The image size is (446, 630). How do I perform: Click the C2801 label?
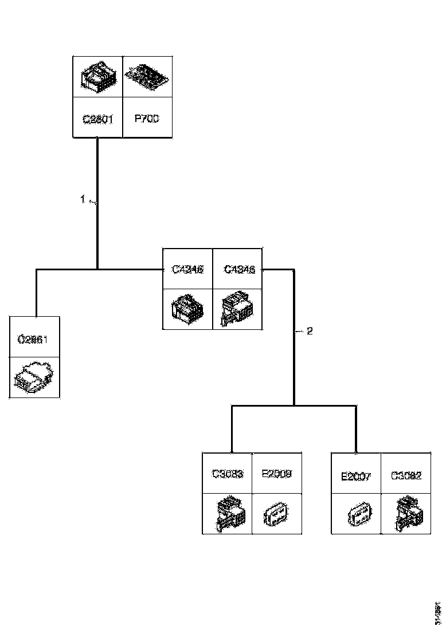[97, 120]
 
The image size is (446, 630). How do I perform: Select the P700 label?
[146, 120]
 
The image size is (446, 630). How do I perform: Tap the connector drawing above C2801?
[97, 76]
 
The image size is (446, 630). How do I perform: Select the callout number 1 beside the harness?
[83, 199]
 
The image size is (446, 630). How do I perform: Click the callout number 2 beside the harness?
[310, 331]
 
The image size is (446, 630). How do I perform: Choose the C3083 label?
[228, 474]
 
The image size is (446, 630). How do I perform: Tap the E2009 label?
[276, 474]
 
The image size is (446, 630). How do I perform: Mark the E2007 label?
[357, 476]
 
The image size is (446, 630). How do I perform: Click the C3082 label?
[406, 475]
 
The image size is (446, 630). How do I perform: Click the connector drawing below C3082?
[406, 514]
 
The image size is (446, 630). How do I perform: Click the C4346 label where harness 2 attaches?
[238, 269]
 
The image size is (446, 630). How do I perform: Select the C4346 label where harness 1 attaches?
[188, 269]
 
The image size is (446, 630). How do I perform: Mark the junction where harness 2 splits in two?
[294, 405]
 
